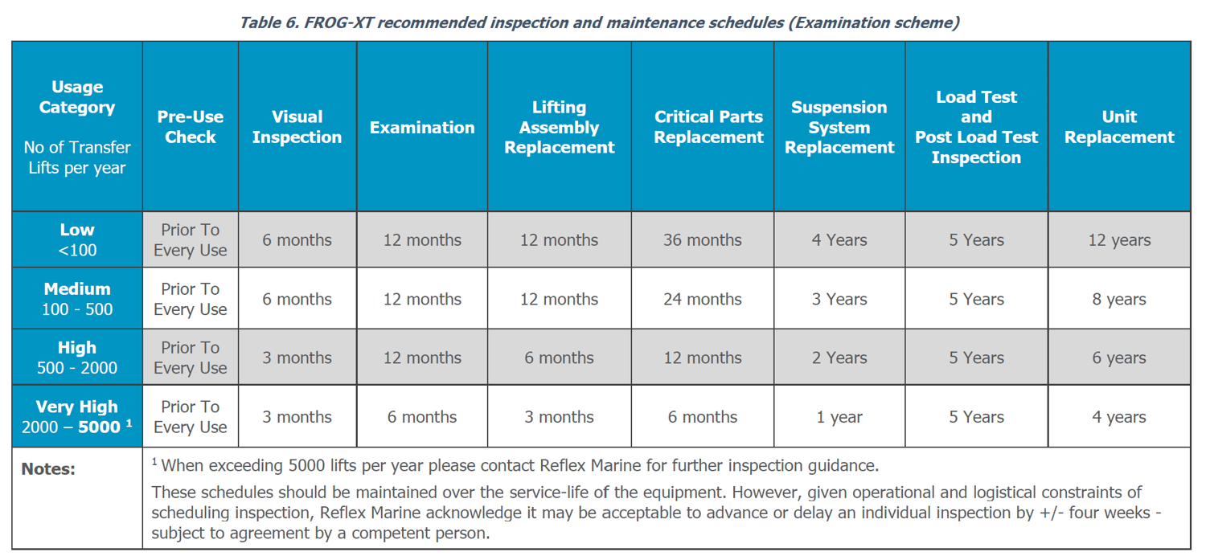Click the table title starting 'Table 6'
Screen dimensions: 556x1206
599,22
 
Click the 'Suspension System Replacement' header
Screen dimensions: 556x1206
839,127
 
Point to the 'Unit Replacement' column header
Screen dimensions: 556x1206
1118,127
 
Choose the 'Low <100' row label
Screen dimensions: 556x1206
77,239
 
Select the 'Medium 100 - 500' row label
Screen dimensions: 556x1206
77,299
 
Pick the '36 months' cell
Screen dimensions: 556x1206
702,240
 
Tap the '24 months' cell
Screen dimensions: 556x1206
702,300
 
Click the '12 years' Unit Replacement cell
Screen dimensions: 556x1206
1118,240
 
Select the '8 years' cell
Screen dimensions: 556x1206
1118,300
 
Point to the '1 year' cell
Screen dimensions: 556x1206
839,418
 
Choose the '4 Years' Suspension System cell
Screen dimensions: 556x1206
839,240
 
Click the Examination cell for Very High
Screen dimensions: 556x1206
421,418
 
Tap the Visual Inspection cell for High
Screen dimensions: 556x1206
297,358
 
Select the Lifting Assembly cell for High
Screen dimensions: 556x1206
559,358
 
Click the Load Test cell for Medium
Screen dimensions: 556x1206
976,300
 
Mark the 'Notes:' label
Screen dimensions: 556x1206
48,469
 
